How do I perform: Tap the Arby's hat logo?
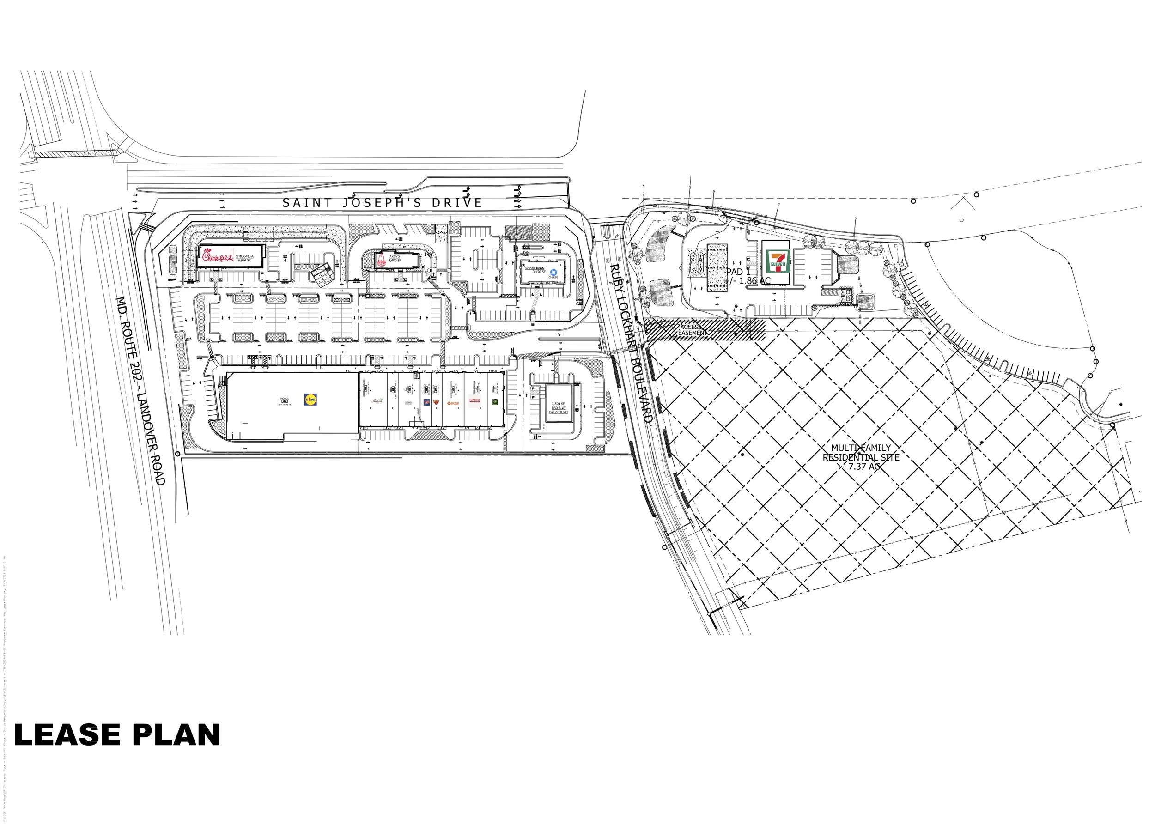381,261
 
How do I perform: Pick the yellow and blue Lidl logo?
310,400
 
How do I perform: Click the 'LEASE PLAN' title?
117,735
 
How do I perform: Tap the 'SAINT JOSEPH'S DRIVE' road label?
382,203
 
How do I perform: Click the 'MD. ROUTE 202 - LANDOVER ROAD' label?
141,391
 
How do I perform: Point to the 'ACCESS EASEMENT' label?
691,330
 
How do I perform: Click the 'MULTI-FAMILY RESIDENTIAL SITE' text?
861,452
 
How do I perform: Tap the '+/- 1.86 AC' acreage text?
748,281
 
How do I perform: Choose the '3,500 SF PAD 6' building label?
558,407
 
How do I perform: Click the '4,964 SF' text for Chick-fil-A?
245,261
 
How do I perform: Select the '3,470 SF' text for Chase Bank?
539,272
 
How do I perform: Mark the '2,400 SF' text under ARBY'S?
395,261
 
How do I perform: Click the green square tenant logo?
494,401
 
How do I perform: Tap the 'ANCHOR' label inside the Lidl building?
284,399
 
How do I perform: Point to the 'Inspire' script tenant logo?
377,401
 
